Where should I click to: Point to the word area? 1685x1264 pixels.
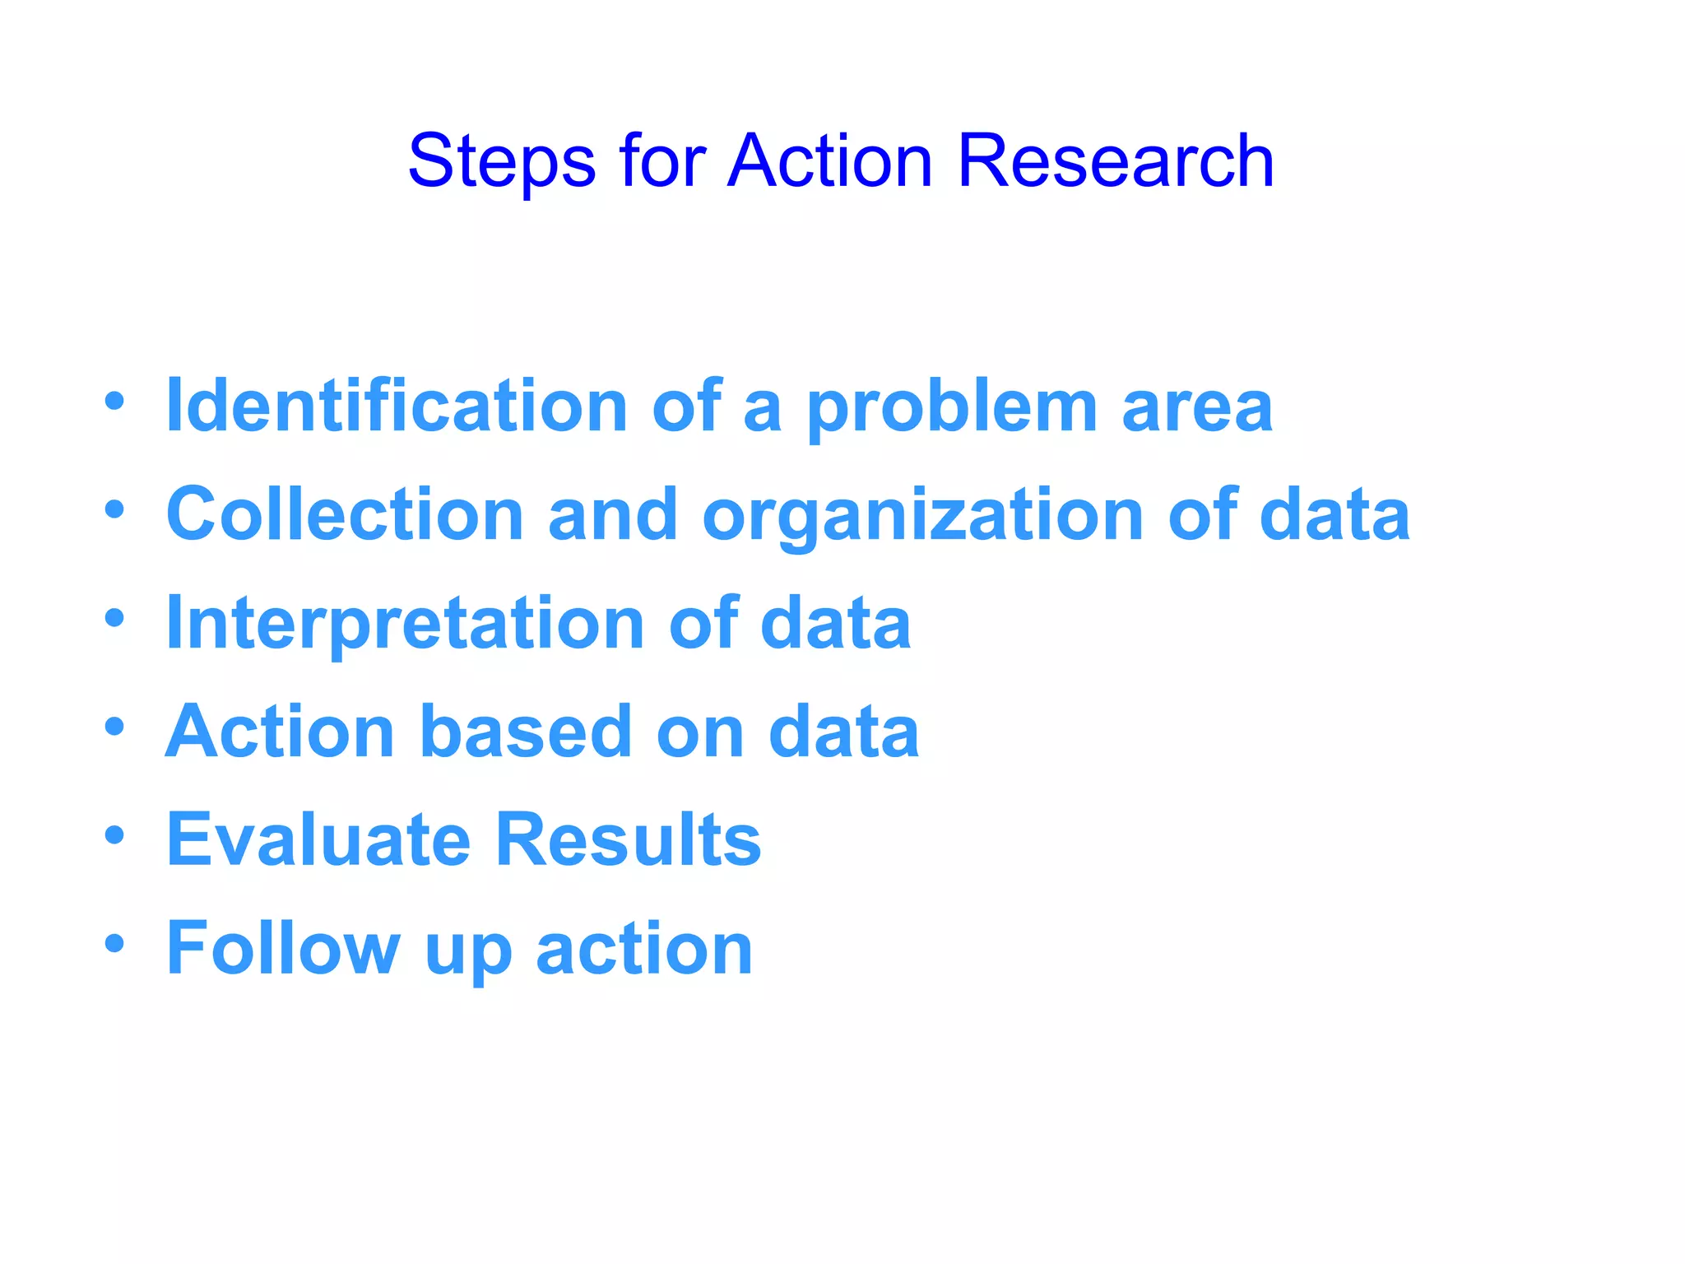(x=1197, y=408)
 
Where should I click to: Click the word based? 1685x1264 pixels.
(x=526, y=731)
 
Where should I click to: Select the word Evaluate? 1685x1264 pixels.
(x=319, y=839)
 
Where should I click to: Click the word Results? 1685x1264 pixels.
(x=629, y=839)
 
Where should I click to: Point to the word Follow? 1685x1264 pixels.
(x=283, y=948)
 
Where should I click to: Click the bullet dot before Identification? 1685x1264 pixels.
(x=114, y=402)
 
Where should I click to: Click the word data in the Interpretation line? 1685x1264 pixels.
(x=835, y=623)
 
